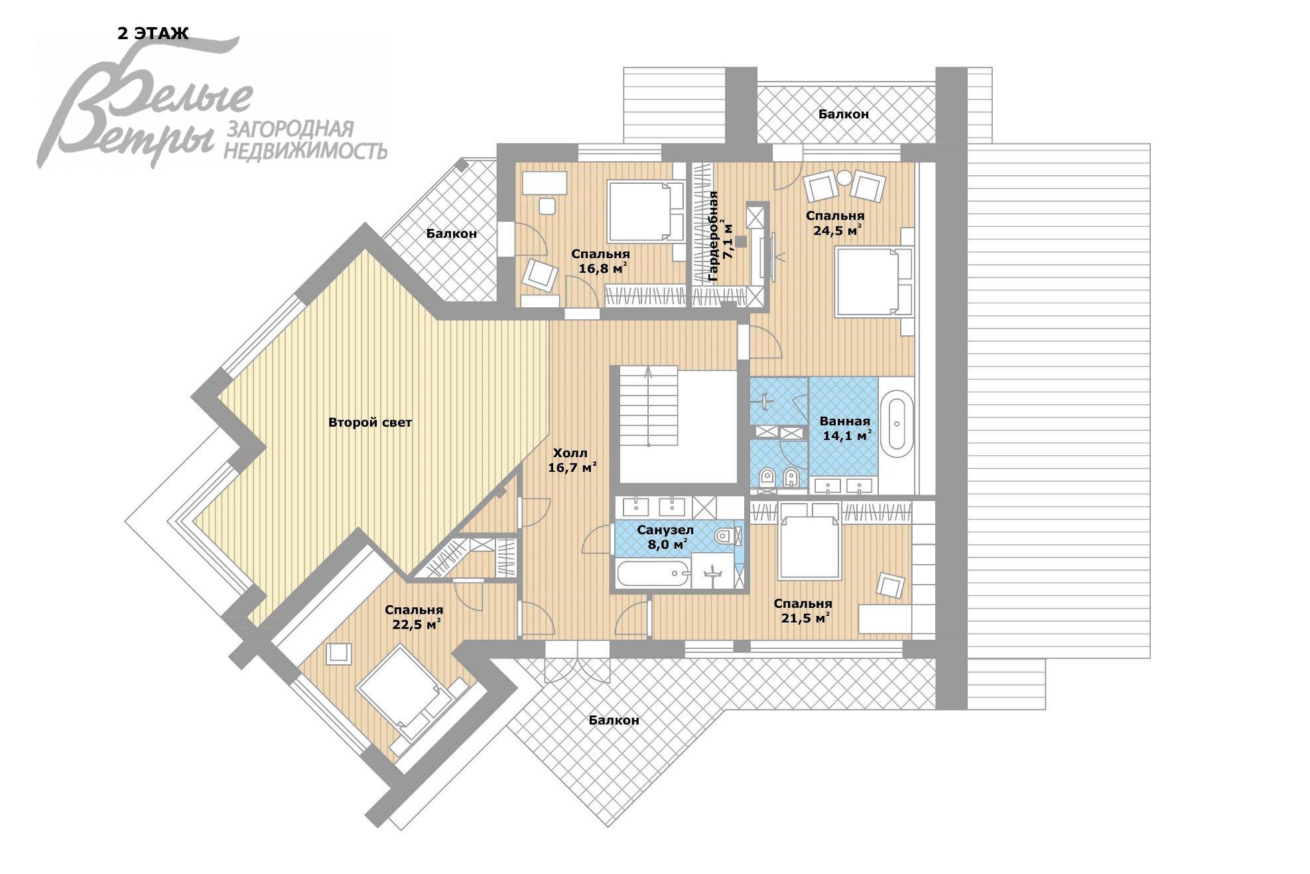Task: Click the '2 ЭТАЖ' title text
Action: coord(153,33)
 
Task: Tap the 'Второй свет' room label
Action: coord(370,423)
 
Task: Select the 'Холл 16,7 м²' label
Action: coord(571,461)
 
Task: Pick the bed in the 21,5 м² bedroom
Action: coord(809,540)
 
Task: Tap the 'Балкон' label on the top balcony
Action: coord(843,114)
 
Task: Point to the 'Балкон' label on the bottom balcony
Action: coord(614,720)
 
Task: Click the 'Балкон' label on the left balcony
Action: coord(451,234)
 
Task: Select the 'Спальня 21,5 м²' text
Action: coord(803,611)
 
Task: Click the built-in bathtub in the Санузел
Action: coord(653,573)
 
